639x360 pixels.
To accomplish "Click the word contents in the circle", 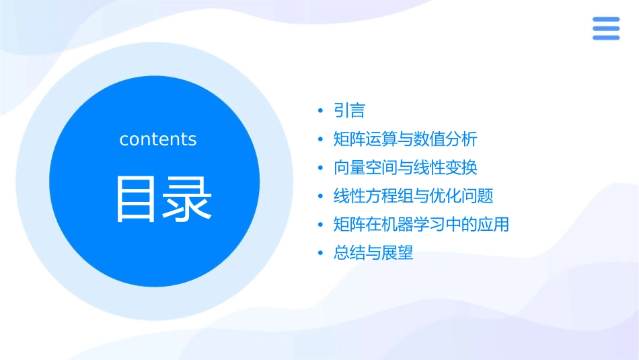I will point(158,139).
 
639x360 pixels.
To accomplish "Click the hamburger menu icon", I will point(605,28).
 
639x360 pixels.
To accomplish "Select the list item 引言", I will point(349,111).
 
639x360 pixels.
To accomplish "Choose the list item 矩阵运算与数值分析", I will point(405,139).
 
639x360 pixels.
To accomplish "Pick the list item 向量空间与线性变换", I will point(405,168).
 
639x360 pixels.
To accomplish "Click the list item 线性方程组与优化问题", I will point(413,196).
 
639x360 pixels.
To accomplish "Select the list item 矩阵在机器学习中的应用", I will point(421,225).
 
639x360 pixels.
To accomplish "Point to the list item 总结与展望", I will point(373,254).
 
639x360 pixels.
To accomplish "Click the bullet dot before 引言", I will point(321,111).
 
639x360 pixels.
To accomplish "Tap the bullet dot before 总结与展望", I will point(321,254).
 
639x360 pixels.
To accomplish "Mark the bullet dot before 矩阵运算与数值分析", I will point(321,139).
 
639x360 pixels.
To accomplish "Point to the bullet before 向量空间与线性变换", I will point(321,168).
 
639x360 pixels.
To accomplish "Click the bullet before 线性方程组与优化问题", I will point(321,196).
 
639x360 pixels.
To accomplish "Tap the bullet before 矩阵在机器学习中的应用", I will point(321,225).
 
